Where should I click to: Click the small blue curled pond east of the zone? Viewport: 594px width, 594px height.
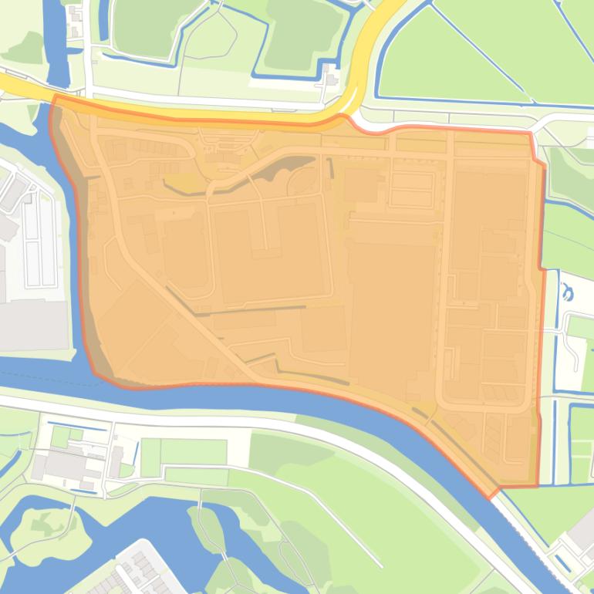tap(569, 292)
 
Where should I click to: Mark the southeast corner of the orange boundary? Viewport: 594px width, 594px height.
tap(537, 486)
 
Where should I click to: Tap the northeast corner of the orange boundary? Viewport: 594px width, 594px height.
tap(531, 133)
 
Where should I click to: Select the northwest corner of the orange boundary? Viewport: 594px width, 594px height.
tap(54, 97)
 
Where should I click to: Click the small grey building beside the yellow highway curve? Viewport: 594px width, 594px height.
tap(332, 78)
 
